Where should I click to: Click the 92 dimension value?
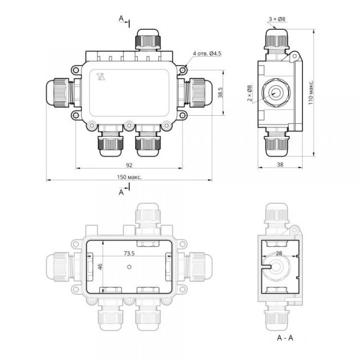pos(129,165)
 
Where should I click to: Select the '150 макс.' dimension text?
pos(129,177)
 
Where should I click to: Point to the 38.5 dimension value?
pos(221,93)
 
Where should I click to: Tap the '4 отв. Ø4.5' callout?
pos(207,53)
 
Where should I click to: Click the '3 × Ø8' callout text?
pos(277,19)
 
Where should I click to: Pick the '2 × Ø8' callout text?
pos(249,93)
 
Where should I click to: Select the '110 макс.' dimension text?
pos(311,93)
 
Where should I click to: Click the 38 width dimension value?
pos(280,165)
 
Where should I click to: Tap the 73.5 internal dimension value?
pos(129,253)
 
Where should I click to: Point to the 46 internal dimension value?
pos(100,266)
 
